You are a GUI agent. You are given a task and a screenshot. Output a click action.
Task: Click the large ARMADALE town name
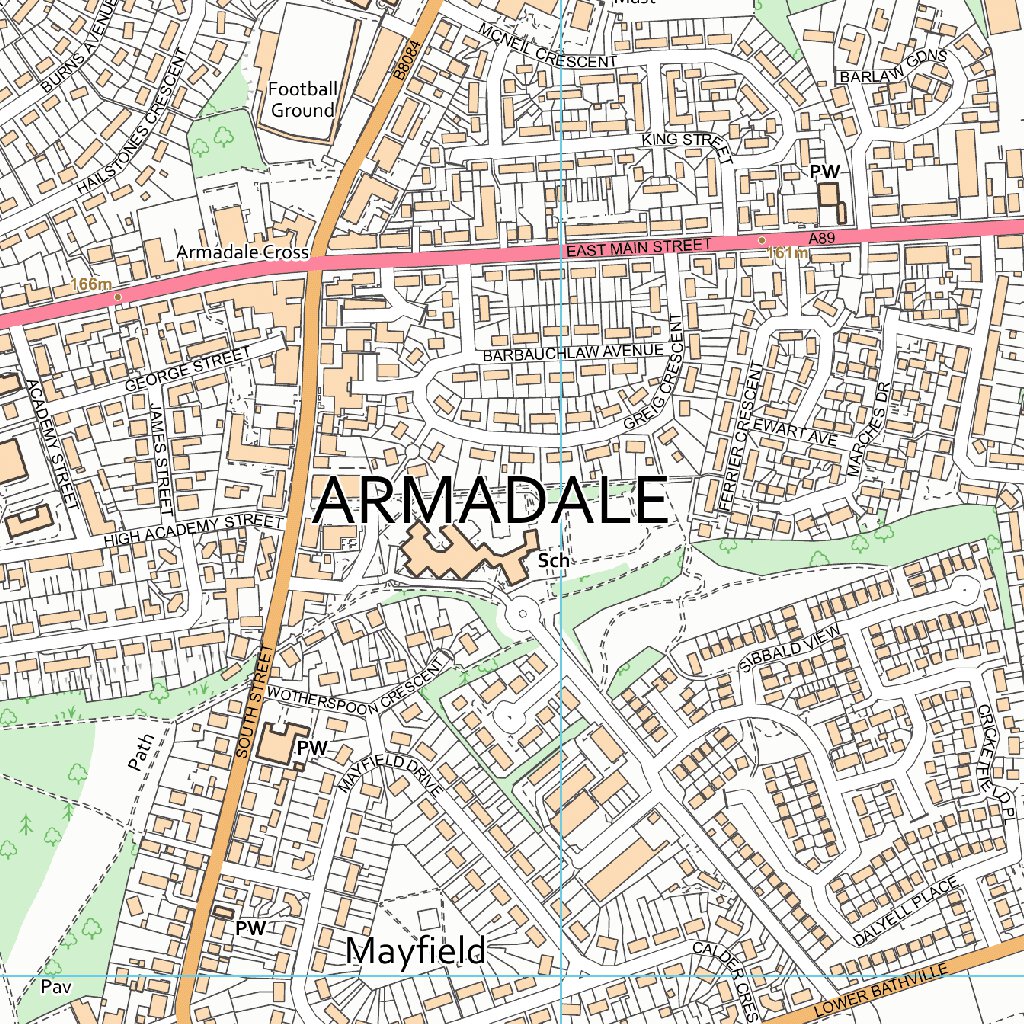point(490,499)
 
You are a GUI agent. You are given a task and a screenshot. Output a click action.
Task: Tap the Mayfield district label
point(414,950)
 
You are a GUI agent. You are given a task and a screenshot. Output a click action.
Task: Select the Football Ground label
point(302,100)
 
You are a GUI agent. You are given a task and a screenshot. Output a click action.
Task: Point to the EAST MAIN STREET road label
point(638,246)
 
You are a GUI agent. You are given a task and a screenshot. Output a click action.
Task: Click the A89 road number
point(821,237)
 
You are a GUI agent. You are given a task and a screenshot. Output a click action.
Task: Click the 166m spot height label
point(91,285)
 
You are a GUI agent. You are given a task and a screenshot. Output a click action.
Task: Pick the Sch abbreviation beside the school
point(553,561)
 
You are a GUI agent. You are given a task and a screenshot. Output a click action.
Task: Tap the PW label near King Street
point(825,172)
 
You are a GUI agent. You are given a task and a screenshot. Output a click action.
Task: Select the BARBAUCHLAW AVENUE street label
point(572,353)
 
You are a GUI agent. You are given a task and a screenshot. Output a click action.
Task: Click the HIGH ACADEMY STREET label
point(194,530)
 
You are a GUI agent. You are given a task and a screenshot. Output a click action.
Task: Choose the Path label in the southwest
point(142,752)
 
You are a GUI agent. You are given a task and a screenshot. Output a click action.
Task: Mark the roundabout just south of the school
point(522,612)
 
